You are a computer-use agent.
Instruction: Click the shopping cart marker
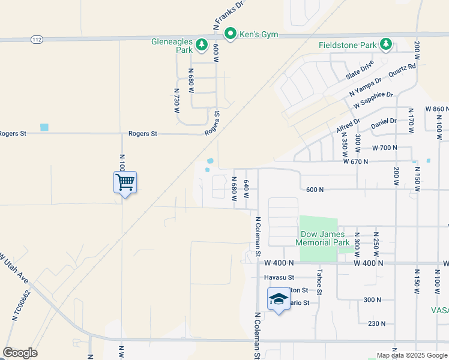(x=125, y=182)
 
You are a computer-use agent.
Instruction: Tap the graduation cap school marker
(x=278, y=299)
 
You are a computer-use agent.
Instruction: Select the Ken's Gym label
(x=259, y=34)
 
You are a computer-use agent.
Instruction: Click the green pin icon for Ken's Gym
(x=229, y=34)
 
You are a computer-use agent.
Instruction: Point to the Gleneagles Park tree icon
(x=202, y=44)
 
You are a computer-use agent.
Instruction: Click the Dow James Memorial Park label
(x=325, y=238)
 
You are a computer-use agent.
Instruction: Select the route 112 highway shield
(x=37, y=40)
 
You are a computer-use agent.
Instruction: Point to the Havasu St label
(x=279, y=278)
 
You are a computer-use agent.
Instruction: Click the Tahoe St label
(x=319, y=281)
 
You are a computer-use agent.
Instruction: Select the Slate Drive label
(x=360, y=71)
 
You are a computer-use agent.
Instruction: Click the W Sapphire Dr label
(x=373, y=100)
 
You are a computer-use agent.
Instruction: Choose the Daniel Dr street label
(x=384, y=122)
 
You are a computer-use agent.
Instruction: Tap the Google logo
(x=20, y=353)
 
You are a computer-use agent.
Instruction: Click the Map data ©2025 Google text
(x=412, y=355)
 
